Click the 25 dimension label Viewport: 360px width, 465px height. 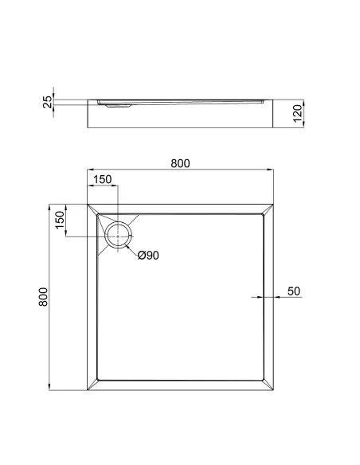[48, 101]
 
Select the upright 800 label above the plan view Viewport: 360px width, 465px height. [180, 163]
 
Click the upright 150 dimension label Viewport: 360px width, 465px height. [103, 180]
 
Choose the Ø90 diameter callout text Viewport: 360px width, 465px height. [149, 256]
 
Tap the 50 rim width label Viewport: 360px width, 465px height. [293, 291]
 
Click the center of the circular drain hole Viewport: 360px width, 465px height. [119, 236]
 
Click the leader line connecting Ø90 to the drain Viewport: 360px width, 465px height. [133, 248]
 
